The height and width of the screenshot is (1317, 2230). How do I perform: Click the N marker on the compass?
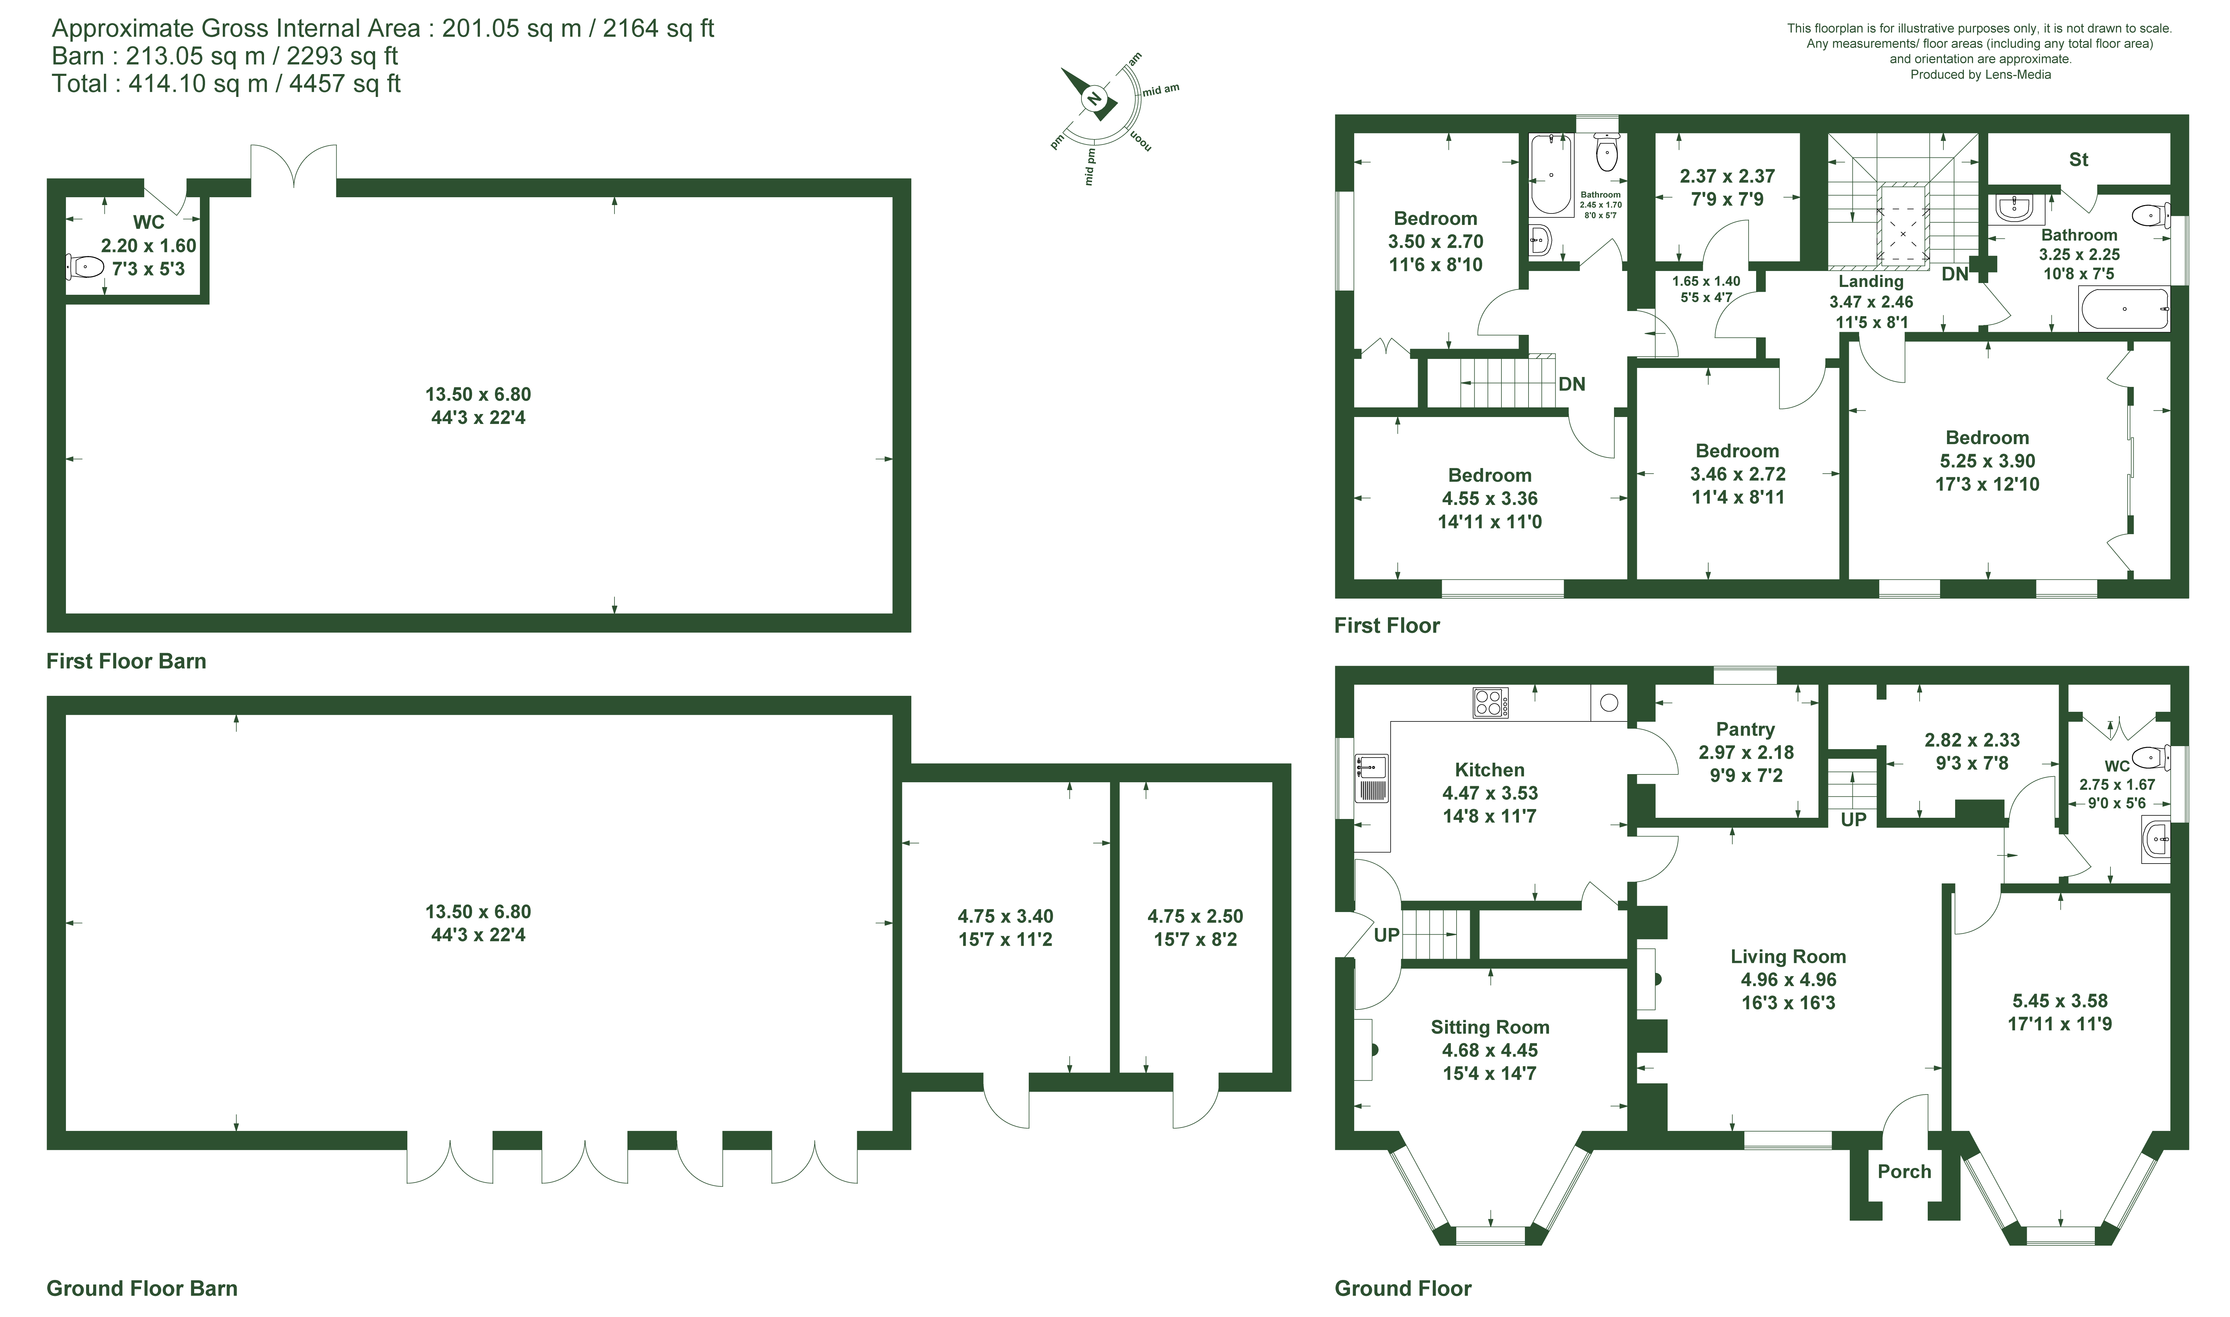pos(1094,99)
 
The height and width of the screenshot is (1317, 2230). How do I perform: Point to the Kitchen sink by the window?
pos(1371,778)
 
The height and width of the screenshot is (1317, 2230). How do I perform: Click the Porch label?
pos(1904,1172)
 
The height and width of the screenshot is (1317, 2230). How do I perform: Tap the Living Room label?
pos(1788,957)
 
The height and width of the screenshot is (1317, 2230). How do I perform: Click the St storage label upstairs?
pos(2078,160)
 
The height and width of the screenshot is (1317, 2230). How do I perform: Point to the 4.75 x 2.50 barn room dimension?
pos(1195,916)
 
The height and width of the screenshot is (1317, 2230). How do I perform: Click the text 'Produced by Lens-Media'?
pos(1981,75)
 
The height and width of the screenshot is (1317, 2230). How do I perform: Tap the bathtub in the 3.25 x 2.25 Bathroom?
pos(2124,309)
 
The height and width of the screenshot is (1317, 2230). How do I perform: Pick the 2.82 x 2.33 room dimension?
pos(1972,740)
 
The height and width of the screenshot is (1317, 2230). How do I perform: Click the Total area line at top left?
pos(226,83)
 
